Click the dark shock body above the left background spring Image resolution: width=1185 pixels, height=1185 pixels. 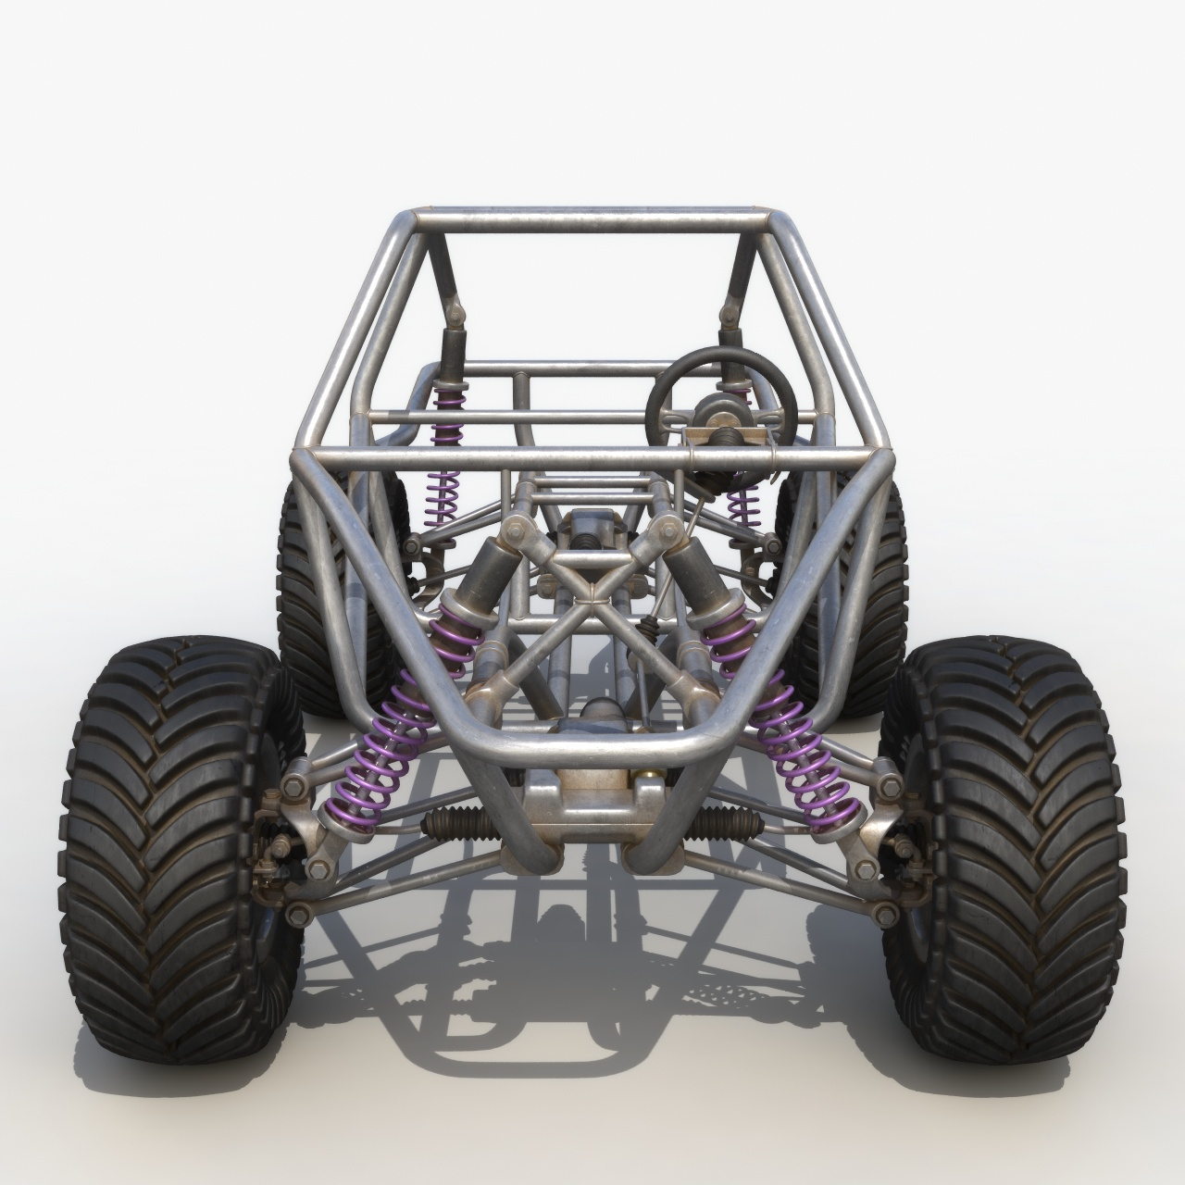(453, 356)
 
